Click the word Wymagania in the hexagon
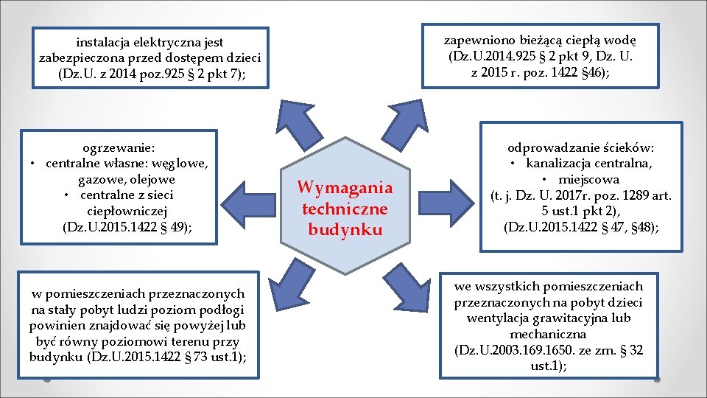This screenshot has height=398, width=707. (345, 188)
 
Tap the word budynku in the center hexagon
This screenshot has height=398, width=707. (345, 229)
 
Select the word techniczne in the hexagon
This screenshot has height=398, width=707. (345, 209)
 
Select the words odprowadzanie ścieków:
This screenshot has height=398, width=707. (581, 147)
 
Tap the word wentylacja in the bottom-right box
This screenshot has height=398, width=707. (499, 318)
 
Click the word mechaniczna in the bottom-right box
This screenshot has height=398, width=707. (549, 334)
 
